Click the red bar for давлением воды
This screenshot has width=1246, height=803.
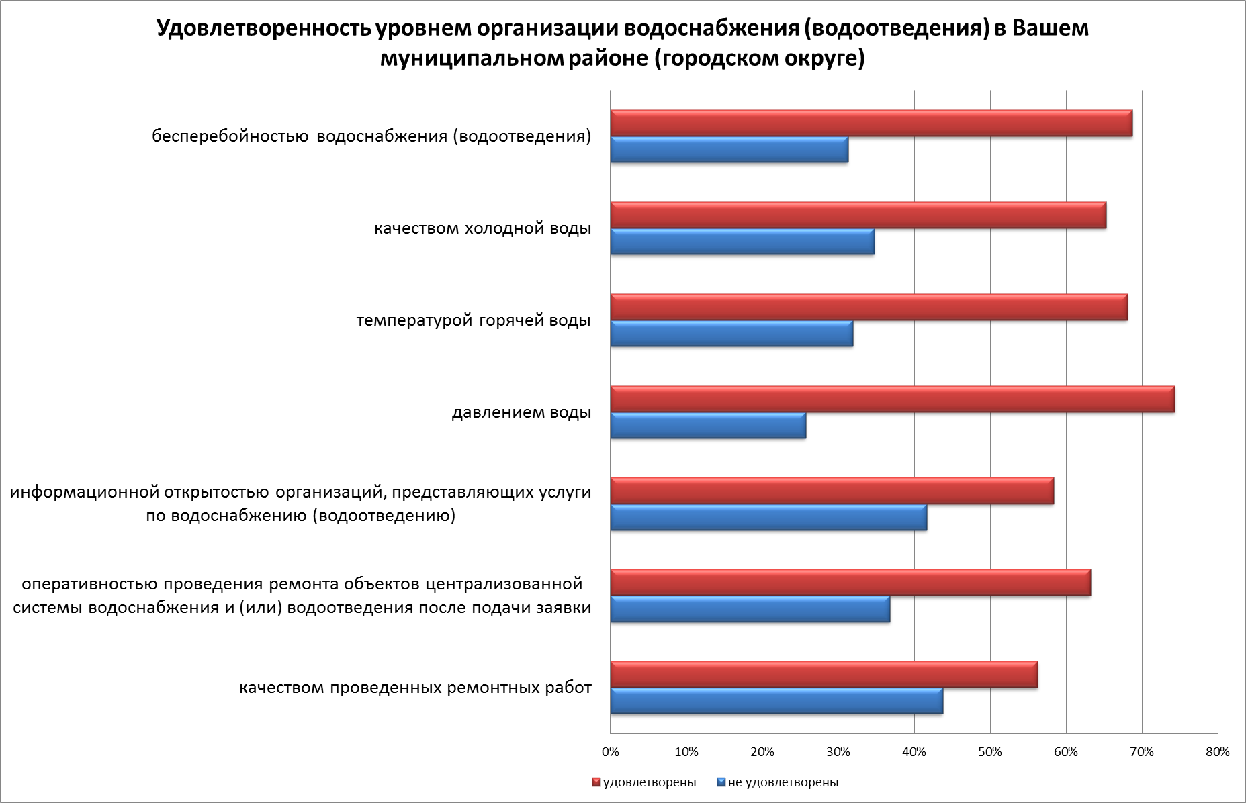[892, 399]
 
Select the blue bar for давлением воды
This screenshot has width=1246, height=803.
[708, 426]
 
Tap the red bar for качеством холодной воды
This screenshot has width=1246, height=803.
[858, 216]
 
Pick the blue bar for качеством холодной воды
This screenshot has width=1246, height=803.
[742, 242]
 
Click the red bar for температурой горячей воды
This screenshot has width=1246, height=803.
[869, 308]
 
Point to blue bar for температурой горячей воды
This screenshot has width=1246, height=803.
[731, 334]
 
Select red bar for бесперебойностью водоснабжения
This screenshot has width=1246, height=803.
[871, 124]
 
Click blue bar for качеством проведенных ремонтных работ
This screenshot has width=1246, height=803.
[776, 701]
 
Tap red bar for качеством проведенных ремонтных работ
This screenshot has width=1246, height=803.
[824, 675]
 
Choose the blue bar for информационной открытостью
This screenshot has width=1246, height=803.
[768, 518]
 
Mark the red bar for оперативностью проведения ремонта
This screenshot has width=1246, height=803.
[850, 582]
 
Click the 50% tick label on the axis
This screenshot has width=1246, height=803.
[990, 752]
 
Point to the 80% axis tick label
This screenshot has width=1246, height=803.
[1217, 752]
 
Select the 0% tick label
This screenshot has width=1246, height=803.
[610, 752]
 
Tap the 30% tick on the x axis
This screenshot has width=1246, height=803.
[838, 752]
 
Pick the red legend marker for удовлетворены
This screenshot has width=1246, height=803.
[595, 782]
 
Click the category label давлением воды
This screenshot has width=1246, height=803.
[521, 412]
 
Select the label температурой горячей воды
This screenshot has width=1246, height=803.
[474, 320]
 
